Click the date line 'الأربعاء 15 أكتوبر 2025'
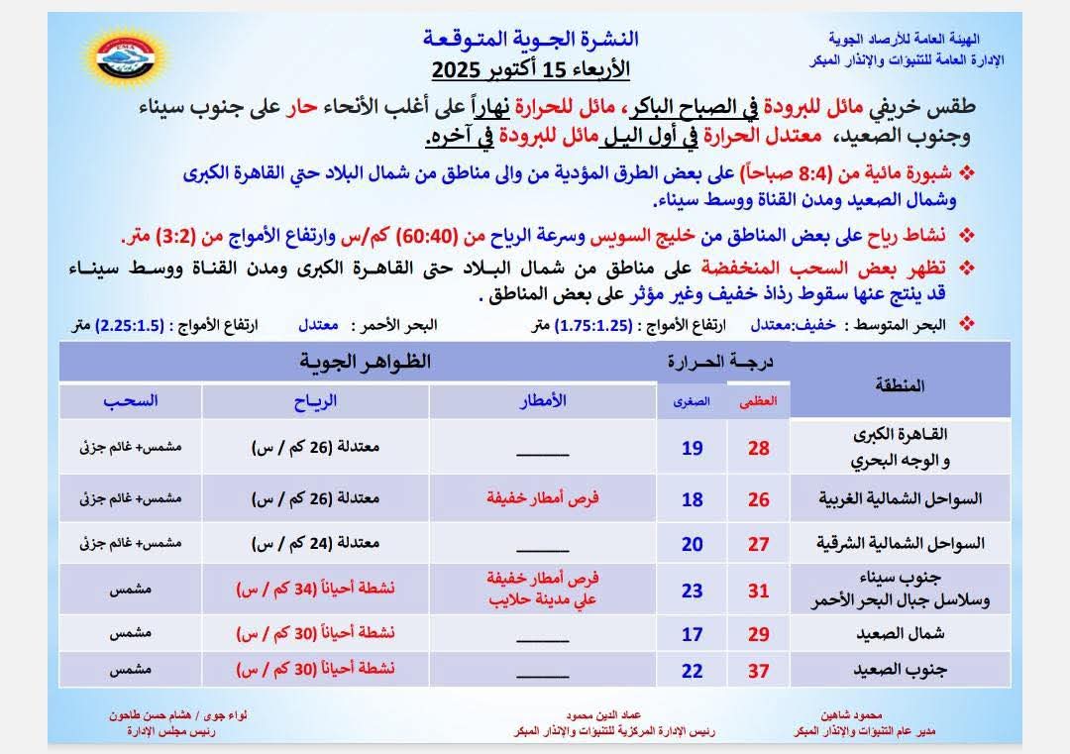(x=531, y=70)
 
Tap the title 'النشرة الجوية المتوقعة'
(x=531, y=40)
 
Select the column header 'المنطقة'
(x=901, y=384)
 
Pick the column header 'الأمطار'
(x=544, y=400)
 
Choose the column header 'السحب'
(x=130, y=400)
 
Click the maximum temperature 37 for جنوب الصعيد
(x=759, y=671)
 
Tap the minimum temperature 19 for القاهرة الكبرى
(x=692, y=448)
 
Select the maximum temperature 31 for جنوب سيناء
(x=759, y=591)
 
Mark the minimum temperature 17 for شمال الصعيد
(x=692, y=633)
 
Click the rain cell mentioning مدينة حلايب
(x=544, y=591)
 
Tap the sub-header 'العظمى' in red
(x=760, y=401)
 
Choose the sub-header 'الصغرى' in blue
(x=693, y=401)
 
